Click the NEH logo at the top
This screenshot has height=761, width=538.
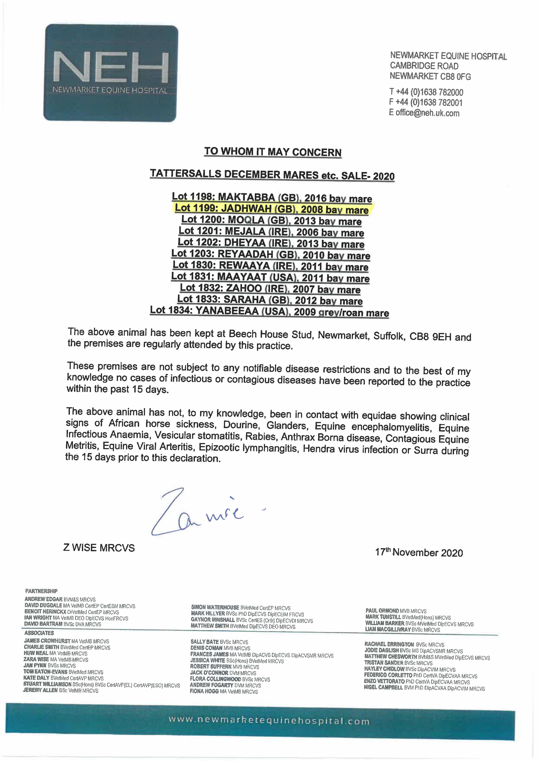pos(111,73)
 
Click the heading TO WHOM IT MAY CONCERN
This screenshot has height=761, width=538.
pos(273,152)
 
